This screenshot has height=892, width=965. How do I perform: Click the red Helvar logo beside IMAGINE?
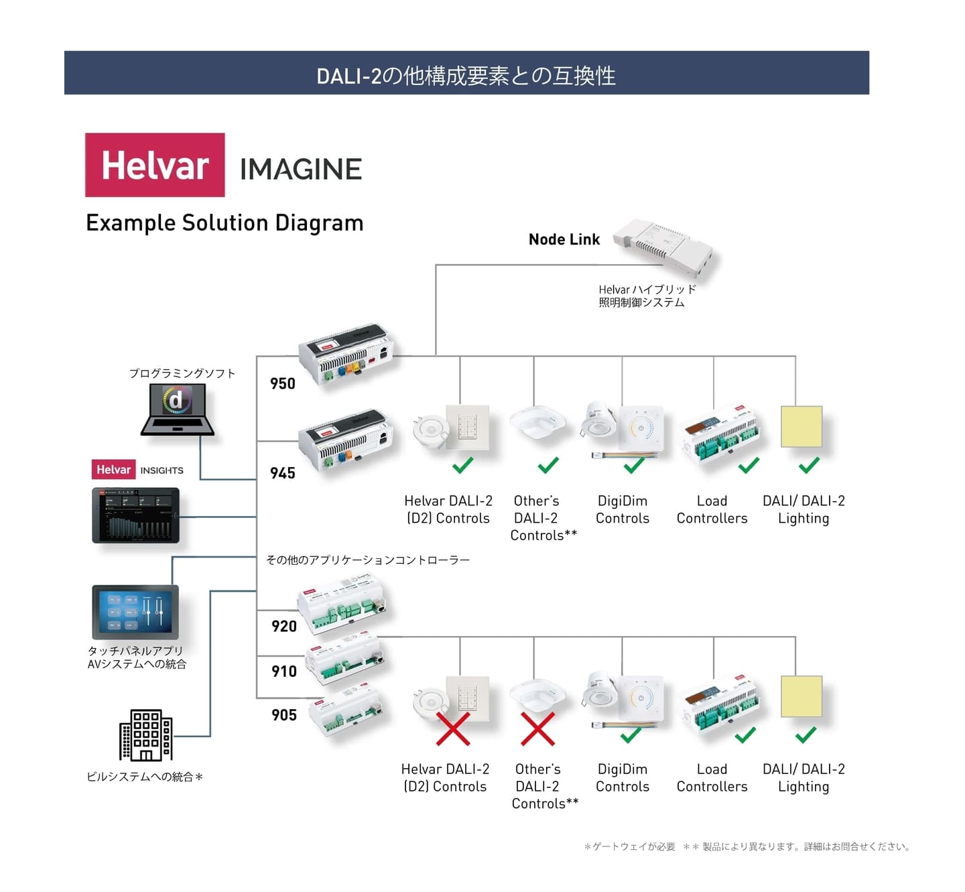point(155,165)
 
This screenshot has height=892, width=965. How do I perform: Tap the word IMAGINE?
point(301,169)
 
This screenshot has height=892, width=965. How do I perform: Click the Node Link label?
point(564,239)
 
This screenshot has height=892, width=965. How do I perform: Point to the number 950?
point(283,383)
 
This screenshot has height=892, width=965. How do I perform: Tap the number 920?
point(284,626)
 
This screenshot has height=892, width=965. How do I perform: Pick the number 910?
point(284,671)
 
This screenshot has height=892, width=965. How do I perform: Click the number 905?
point(284,714)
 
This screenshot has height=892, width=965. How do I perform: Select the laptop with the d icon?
point(178,409)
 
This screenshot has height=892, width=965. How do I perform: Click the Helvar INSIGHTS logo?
point(137,470)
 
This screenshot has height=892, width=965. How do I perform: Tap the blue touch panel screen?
point(135,611)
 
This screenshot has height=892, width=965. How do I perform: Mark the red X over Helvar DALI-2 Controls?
point(453,728)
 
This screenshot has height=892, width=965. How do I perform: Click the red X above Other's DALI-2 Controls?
point(537,728)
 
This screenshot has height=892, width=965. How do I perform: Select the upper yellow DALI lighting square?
point(801,426)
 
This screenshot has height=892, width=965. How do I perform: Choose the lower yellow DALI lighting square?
point(801,696)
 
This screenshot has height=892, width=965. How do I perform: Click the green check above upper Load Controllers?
point(749,465)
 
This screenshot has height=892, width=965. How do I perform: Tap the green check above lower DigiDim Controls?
point(631,735)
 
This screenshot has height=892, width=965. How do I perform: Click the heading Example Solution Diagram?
point(224,222)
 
